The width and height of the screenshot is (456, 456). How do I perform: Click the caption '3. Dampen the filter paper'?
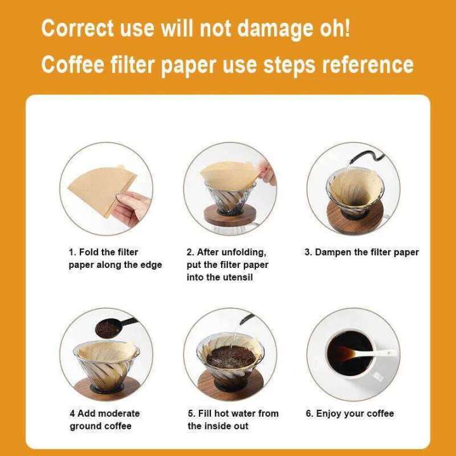tap(362, 252)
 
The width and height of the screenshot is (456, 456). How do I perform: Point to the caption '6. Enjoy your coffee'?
tap(350, 414)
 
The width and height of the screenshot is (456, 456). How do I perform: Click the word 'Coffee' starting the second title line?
tap(74, 64)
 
